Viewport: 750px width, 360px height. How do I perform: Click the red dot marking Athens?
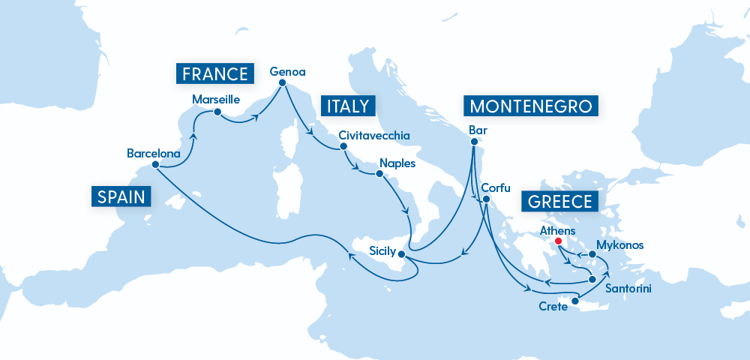(x=558, y=241)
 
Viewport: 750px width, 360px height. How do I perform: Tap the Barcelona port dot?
(x=154, y=164)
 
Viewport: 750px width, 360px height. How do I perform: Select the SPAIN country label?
(x=121, y=196)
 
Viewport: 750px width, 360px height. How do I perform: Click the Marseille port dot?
(x=217, y=112)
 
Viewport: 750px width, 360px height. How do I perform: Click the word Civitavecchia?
(x=374, y=136)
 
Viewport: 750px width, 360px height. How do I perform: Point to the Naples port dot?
(x=379, y=174)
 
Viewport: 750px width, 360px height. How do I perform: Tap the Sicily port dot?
(x=409, y=256)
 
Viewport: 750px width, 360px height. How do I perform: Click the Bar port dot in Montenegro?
(x=474, y=142)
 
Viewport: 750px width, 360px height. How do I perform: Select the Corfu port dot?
(x=486, y=199)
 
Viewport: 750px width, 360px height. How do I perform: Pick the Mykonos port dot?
(x=592, y=254)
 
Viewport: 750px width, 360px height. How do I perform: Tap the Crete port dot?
(x=574, y=302)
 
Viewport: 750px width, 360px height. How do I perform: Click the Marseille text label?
(x=215, y=99)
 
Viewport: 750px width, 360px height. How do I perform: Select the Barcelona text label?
(x=154, y=153)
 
